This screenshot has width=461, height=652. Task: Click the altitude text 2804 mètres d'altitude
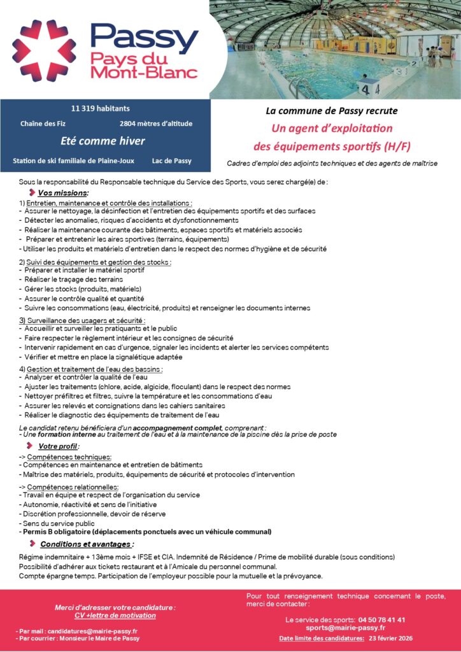pyautogui.click(x=155, y=124)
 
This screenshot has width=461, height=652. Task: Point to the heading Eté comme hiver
pyautogui.click(x=103, y=141)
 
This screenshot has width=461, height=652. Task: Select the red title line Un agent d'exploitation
pyautogui.click(x=332, y=128)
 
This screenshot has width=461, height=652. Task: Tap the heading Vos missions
pyautogui.click(x=63, y=192)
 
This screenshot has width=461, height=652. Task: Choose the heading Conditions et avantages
pyautogui.click(x=87, y=544)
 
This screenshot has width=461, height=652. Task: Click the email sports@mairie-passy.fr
pyautogui.click(x=345, y=628)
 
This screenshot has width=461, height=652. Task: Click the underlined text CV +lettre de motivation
pyautogui.click(x=115, y=616)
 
